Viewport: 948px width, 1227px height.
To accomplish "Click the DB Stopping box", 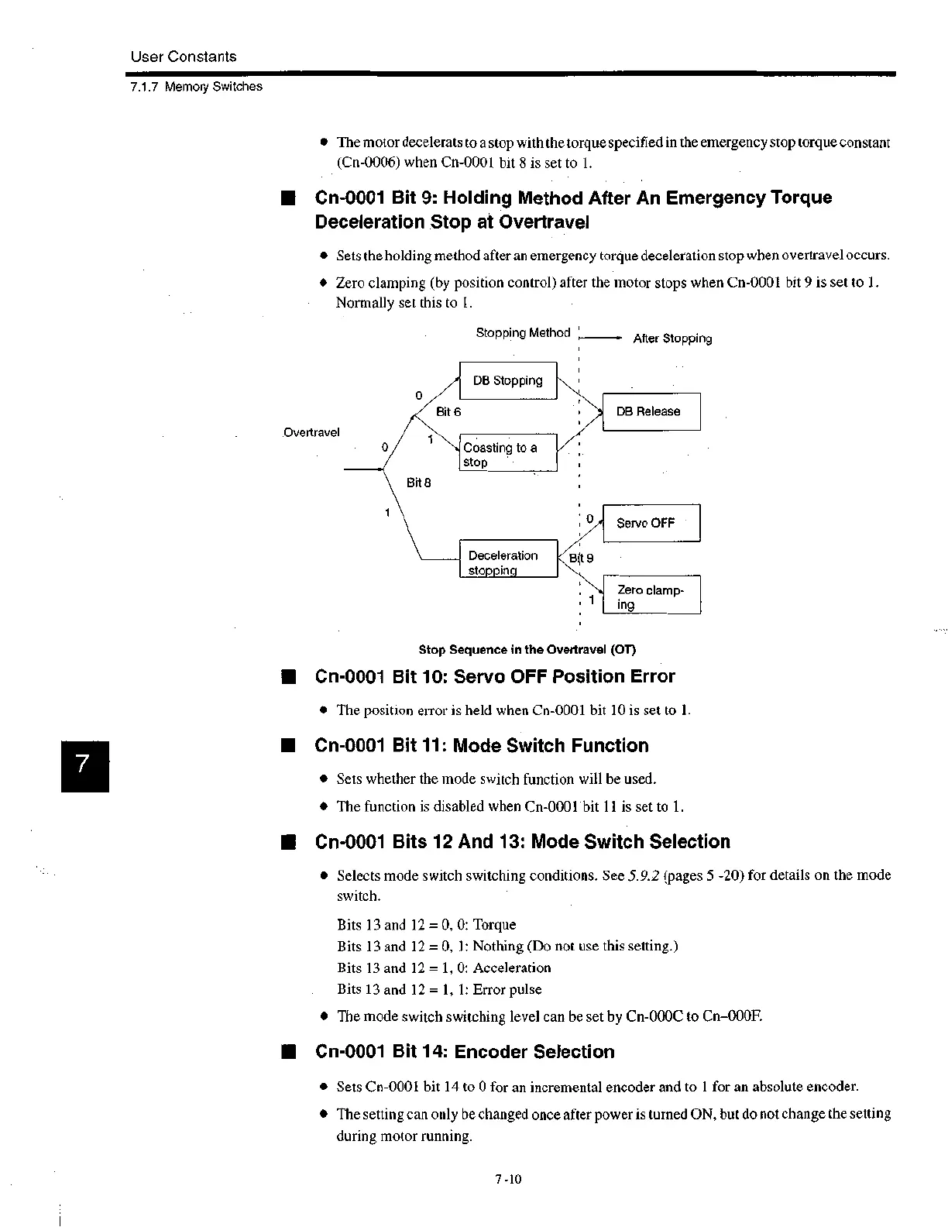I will click(508, 380).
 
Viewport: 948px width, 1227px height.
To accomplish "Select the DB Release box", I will click(651, 411).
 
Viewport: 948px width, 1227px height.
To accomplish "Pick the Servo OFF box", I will click(651, 523).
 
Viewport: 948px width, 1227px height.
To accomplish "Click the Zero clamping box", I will click(651, 596).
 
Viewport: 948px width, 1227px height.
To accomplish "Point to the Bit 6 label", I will click(448, 411).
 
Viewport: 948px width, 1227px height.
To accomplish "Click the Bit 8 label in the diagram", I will click(419, 483).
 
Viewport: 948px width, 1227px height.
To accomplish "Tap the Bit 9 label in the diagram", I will click(581, 558).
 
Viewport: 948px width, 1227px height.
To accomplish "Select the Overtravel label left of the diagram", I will click(311, 432).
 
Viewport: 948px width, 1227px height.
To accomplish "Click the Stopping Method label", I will click(523, 333).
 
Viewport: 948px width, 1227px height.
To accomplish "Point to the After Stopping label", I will click(672, 339).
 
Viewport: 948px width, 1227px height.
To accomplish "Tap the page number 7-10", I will click(509, 1180).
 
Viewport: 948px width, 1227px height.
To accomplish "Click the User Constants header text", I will click(184, 57).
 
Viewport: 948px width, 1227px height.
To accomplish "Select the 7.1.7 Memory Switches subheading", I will click(196, 87).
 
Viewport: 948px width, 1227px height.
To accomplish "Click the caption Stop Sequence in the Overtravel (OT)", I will click(527, 649).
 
